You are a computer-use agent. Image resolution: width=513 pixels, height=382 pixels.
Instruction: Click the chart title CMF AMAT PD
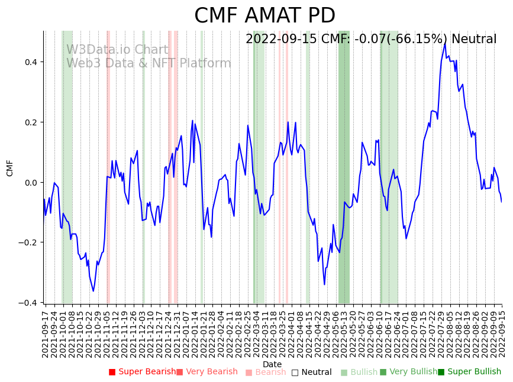click(264, 16)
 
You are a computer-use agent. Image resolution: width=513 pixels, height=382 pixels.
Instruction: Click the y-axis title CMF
click(10, 168)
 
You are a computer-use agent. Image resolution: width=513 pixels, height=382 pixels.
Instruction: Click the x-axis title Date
click(272, 364)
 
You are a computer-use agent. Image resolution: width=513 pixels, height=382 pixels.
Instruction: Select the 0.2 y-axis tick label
click(30, 122)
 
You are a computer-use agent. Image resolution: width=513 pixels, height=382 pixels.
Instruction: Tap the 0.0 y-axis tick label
click(30, 183)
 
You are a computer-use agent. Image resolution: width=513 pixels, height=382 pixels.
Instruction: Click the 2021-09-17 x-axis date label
click(45, 334)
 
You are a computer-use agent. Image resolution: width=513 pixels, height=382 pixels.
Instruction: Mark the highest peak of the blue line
click(445, 43)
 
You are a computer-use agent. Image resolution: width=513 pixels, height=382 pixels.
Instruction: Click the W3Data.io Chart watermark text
click(117, 50)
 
